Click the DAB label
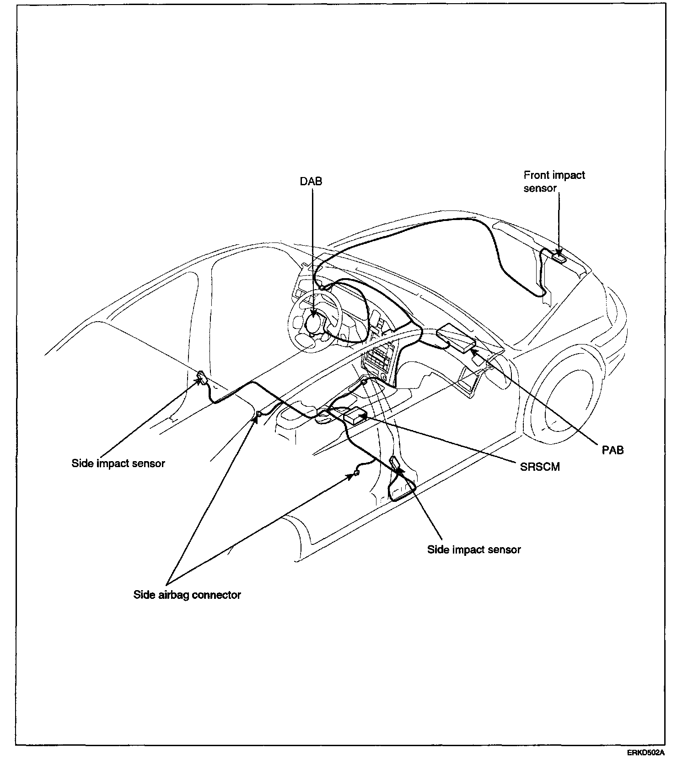(x=311, y=182)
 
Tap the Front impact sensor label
(x=554, y=182)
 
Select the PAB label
(x=613, y=450)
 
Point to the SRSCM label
(x=540, y=467)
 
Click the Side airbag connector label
(x=187, y=595)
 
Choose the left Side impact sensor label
(x=118, y=463)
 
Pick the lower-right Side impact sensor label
(x=474, y=549)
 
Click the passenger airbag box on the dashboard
(x=456, y=339)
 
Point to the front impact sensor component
(x=559, y=257)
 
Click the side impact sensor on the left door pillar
(x=202, y=377)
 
